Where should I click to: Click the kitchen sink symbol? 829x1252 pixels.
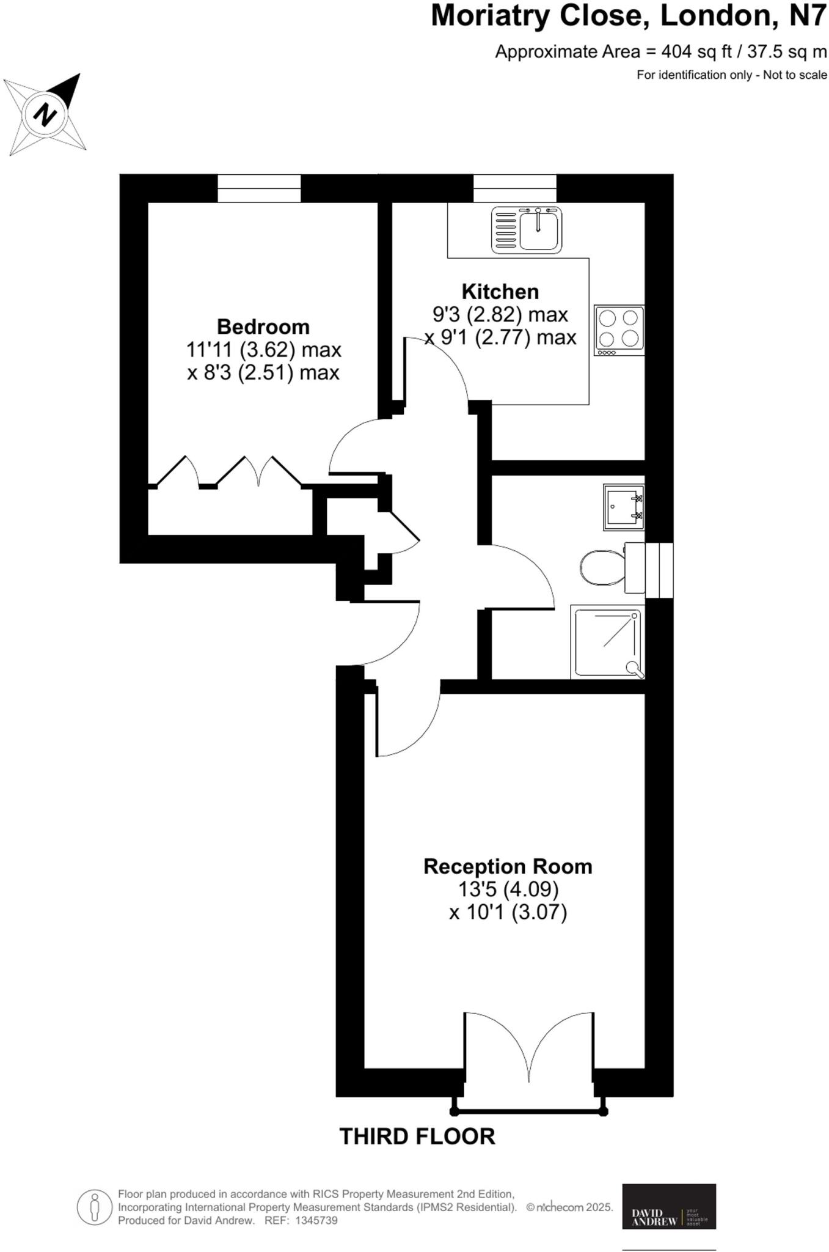[x=527, y=230]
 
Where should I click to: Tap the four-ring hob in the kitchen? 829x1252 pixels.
[x=619, y=330]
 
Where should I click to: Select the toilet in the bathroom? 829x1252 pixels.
[x=602, y=567]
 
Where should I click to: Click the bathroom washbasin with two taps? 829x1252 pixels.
[x=624, y=507]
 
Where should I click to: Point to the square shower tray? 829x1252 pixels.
[x=608, y=642]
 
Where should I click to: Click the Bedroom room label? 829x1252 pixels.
[x=263, y=326]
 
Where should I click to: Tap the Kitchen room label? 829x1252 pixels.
[x=500, y=292]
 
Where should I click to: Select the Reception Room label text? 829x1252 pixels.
[x=508, y=866]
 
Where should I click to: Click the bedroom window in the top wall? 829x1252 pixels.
[x=260, y=188]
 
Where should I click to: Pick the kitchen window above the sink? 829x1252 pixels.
[x=515, y=188]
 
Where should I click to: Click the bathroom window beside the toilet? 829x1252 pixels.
[x=659, y=570]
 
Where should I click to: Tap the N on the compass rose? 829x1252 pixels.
[x=45, y=114]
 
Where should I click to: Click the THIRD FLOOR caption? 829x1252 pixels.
[x=417, y=1136]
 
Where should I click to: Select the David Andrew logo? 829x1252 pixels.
[x=668, y=1206]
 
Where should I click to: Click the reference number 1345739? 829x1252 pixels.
[x=316, y=1220]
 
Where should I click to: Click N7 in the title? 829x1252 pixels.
[x=808, y=17]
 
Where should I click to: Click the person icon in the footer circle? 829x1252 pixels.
[x=94, y=1207]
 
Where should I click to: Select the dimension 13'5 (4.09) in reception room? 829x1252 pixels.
[x=508, y=889]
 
